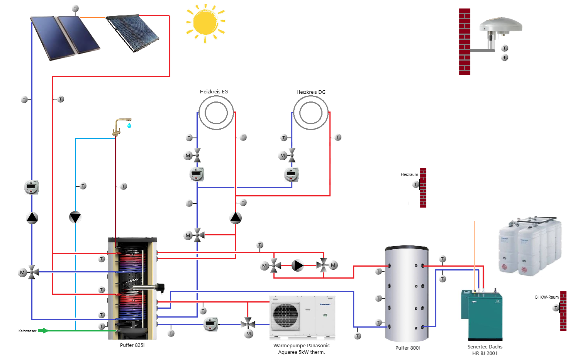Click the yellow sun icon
click(x=206, y=23)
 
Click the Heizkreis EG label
click(x=214, y=91)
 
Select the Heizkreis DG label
click(x=311, y=92)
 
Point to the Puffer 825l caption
click(x=132, y=345)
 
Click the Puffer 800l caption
click(x=407, y=348)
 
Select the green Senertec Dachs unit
click(x=481, y=315)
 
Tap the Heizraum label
click(x=409, y=174)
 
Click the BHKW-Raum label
click(x=547, y=297)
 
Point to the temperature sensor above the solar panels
click(x=75, y=8)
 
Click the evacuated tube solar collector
click(x=132, y=33)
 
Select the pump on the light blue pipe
click(x=75, y=217)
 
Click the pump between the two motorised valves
click(x=298, y=265)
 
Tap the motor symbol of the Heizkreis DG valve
click(x=283, y=155)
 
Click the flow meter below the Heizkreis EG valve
click(x=197, y=174)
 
